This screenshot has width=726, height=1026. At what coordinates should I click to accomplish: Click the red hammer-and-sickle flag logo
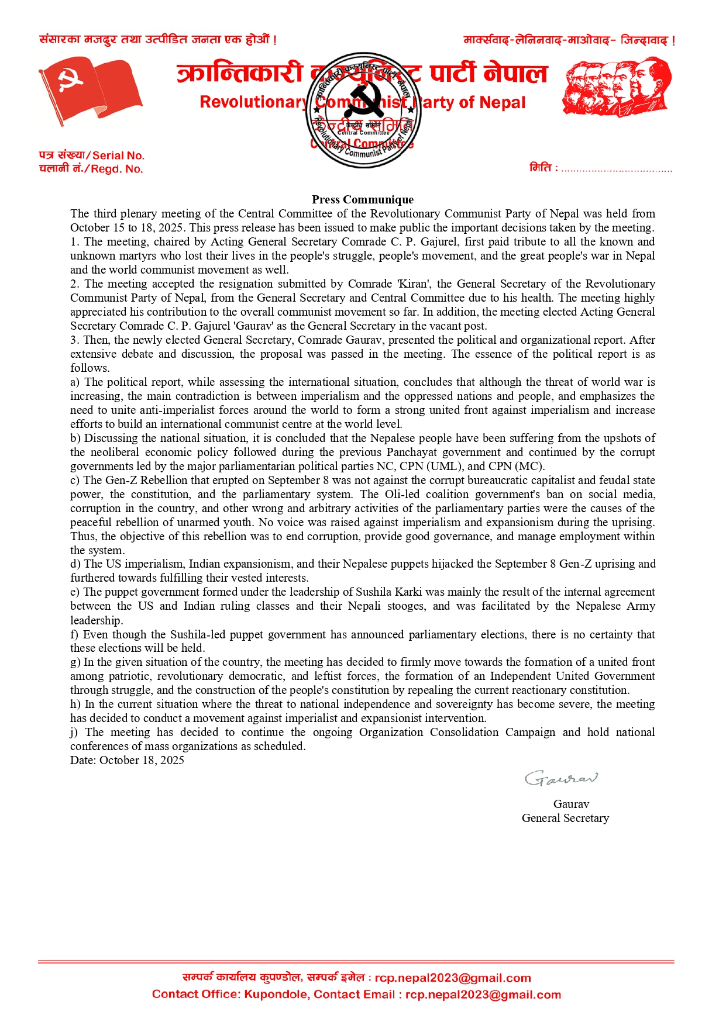(91, 90)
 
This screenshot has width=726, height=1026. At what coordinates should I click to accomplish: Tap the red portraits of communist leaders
(617, 86)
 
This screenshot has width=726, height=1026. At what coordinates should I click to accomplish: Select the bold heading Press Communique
(363, 199)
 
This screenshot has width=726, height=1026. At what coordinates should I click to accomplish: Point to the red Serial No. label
(118, 156)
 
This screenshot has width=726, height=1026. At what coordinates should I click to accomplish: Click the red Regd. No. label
(117, 169)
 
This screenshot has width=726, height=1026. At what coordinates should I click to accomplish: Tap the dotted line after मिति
(616, 170)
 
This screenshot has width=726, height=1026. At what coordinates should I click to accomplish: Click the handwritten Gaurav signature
(561, 778)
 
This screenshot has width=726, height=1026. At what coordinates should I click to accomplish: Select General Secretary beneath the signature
(565, 818)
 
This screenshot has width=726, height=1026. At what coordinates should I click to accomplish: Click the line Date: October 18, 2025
(127, 760)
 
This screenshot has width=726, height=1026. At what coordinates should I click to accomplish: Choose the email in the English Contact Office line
(483, 994)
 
